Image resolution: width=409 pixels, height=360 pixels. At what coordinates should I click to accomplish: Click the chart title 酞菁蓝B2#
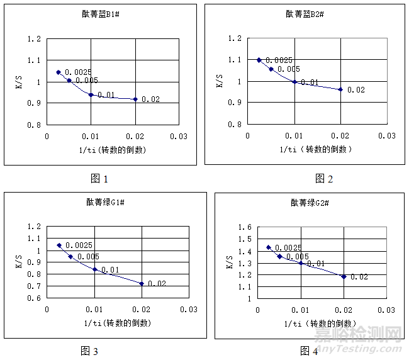coord(305,14)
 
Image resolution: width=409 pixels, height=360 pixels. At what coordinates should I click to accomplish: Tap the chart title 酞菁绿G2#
coord(310,203)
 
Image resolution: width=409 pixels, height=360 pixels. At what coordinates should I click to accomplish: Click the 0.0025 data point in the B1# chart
coord(59,72)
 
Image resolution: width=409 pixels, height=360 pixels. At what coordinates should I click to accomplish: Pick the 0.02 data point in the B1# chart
coord(135,99)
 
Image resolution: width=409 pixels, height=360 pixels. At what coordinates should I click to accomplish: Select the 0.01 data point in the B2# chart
coord(294,82)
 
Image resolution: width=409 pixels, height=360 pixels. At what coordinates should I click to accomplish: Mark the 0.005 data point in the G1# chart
coord(70,256)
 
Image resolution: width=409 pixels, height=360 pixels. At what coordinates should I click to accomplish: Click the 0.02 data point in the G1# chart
coord(142,283)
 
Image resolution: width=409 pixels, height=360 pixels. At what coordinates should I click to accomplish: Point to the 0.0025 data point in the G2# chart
coord(269,247)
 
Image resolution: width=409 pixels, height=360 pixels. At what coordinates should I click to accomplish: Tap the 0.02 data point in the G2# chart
coord(344,276)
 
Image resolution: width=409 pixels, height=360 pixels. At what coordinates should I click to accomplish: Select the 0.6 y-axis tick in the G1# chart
coord(36,298)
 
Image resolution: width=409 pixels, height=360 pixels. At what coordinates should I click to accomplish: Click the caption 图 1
coord(99,179)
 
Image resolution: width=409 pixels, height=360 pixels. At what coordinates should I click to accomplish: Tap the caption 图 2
coord(324,179)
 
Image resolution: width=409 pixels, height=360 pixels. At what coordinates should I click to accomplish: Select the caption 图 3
coord(89,351)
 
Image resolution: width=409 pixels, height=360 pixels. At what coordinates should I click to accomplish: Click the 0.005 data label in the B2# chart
coord(289,69)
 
